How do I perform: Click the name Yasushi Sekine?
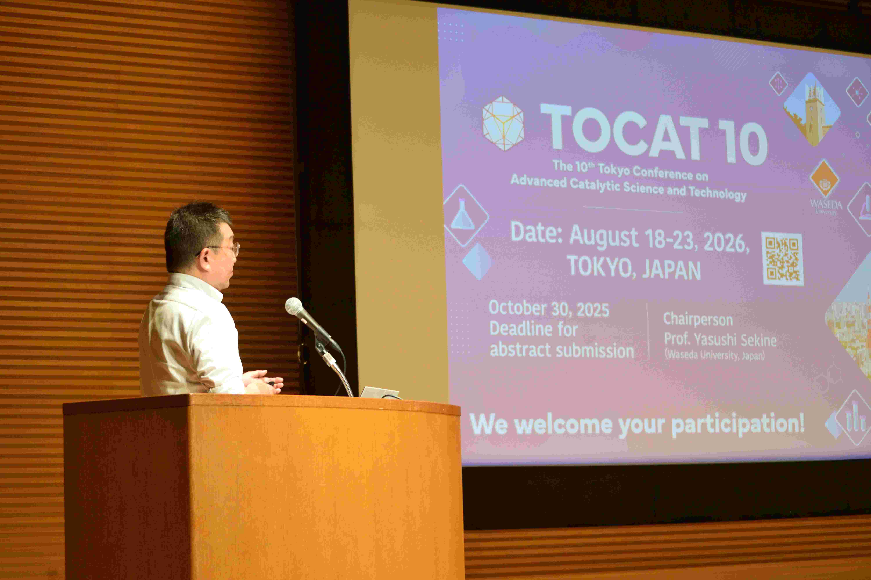pos(735,340)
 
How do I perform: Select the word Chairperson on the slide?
pos(698,320)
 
